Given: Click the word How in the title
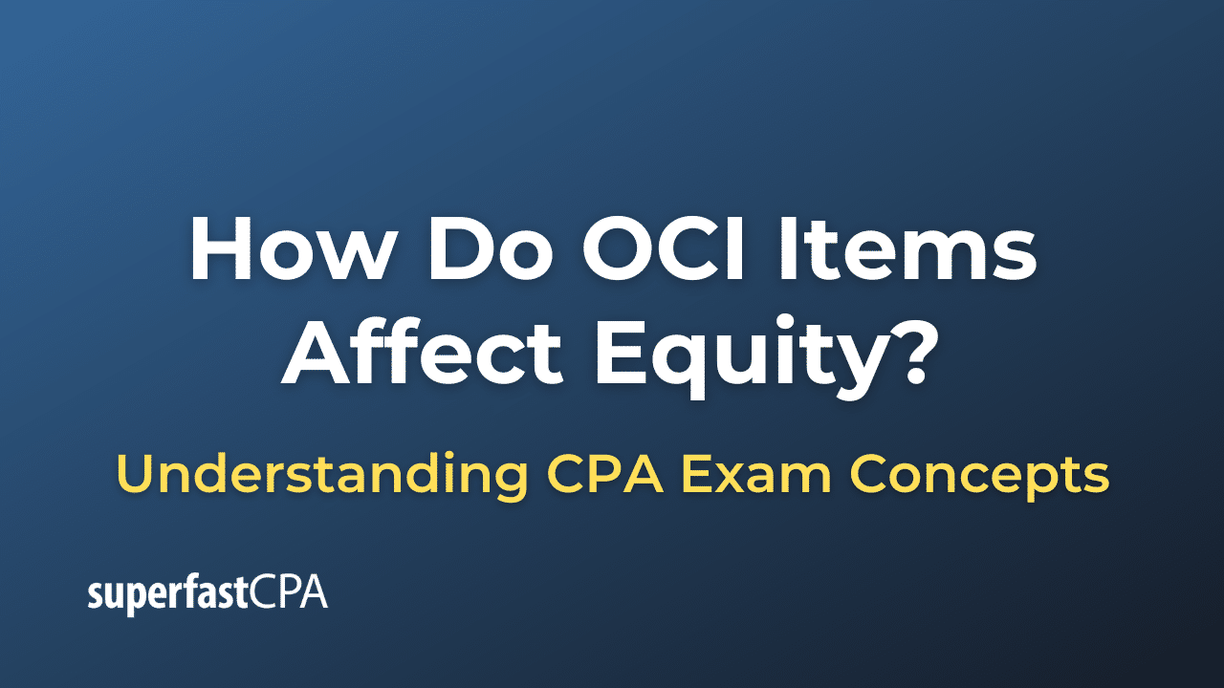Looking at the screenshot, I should [x=285, y=250].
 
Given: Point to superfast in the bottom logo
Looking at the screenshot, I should [x=168, y=594].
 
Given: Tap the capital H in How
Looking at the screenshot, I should [x=221, y=250].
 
